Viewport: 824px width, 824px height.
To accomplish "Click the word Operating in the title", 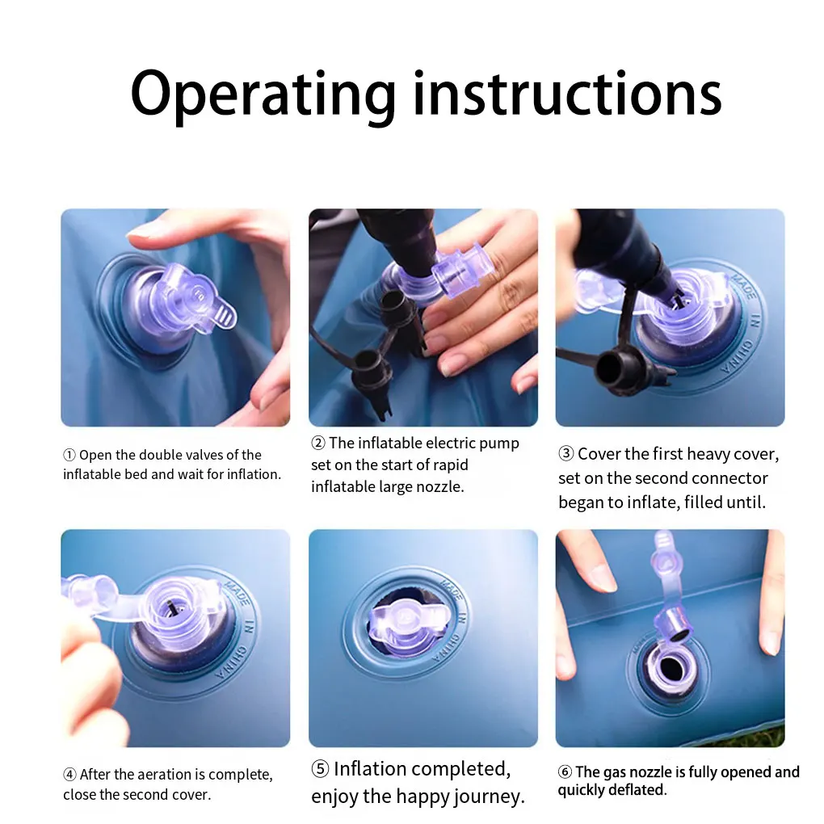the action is pyautogui.click(x=263, y=95).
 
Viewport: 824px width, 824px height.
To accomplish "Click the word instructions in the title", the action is pyautogui.click(x=568, y=92).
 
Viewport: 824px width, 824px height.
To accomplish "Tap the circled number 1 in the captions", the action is pyautogui.click(x=69, y=455).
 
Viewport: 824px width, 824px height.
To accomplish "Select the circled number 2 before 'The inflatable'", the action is pyautogui.click(x=318, y=443).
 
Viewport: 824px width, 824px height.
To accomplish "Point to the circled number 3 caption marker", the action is pyautogui.click(x=565, y=453).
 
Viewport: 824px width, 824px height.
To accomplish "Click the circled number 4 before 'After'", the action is pyautogui.click(x=70, y=774).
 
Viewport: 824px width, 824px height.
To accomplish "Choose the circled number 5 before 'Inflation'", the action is pyautogui.click(x=320, y=769).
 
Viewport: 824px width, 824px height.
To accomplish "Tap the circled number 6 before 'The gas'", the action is pyautogui.click(x=565, y=771).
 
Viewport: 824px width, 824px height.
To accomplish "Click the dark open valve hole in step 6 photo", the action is pyautogui.click(x=671, y=668).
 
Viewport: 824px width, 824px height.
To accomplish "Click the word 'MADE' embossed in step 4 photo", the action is pyautogui.click(x=237, y=591).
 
